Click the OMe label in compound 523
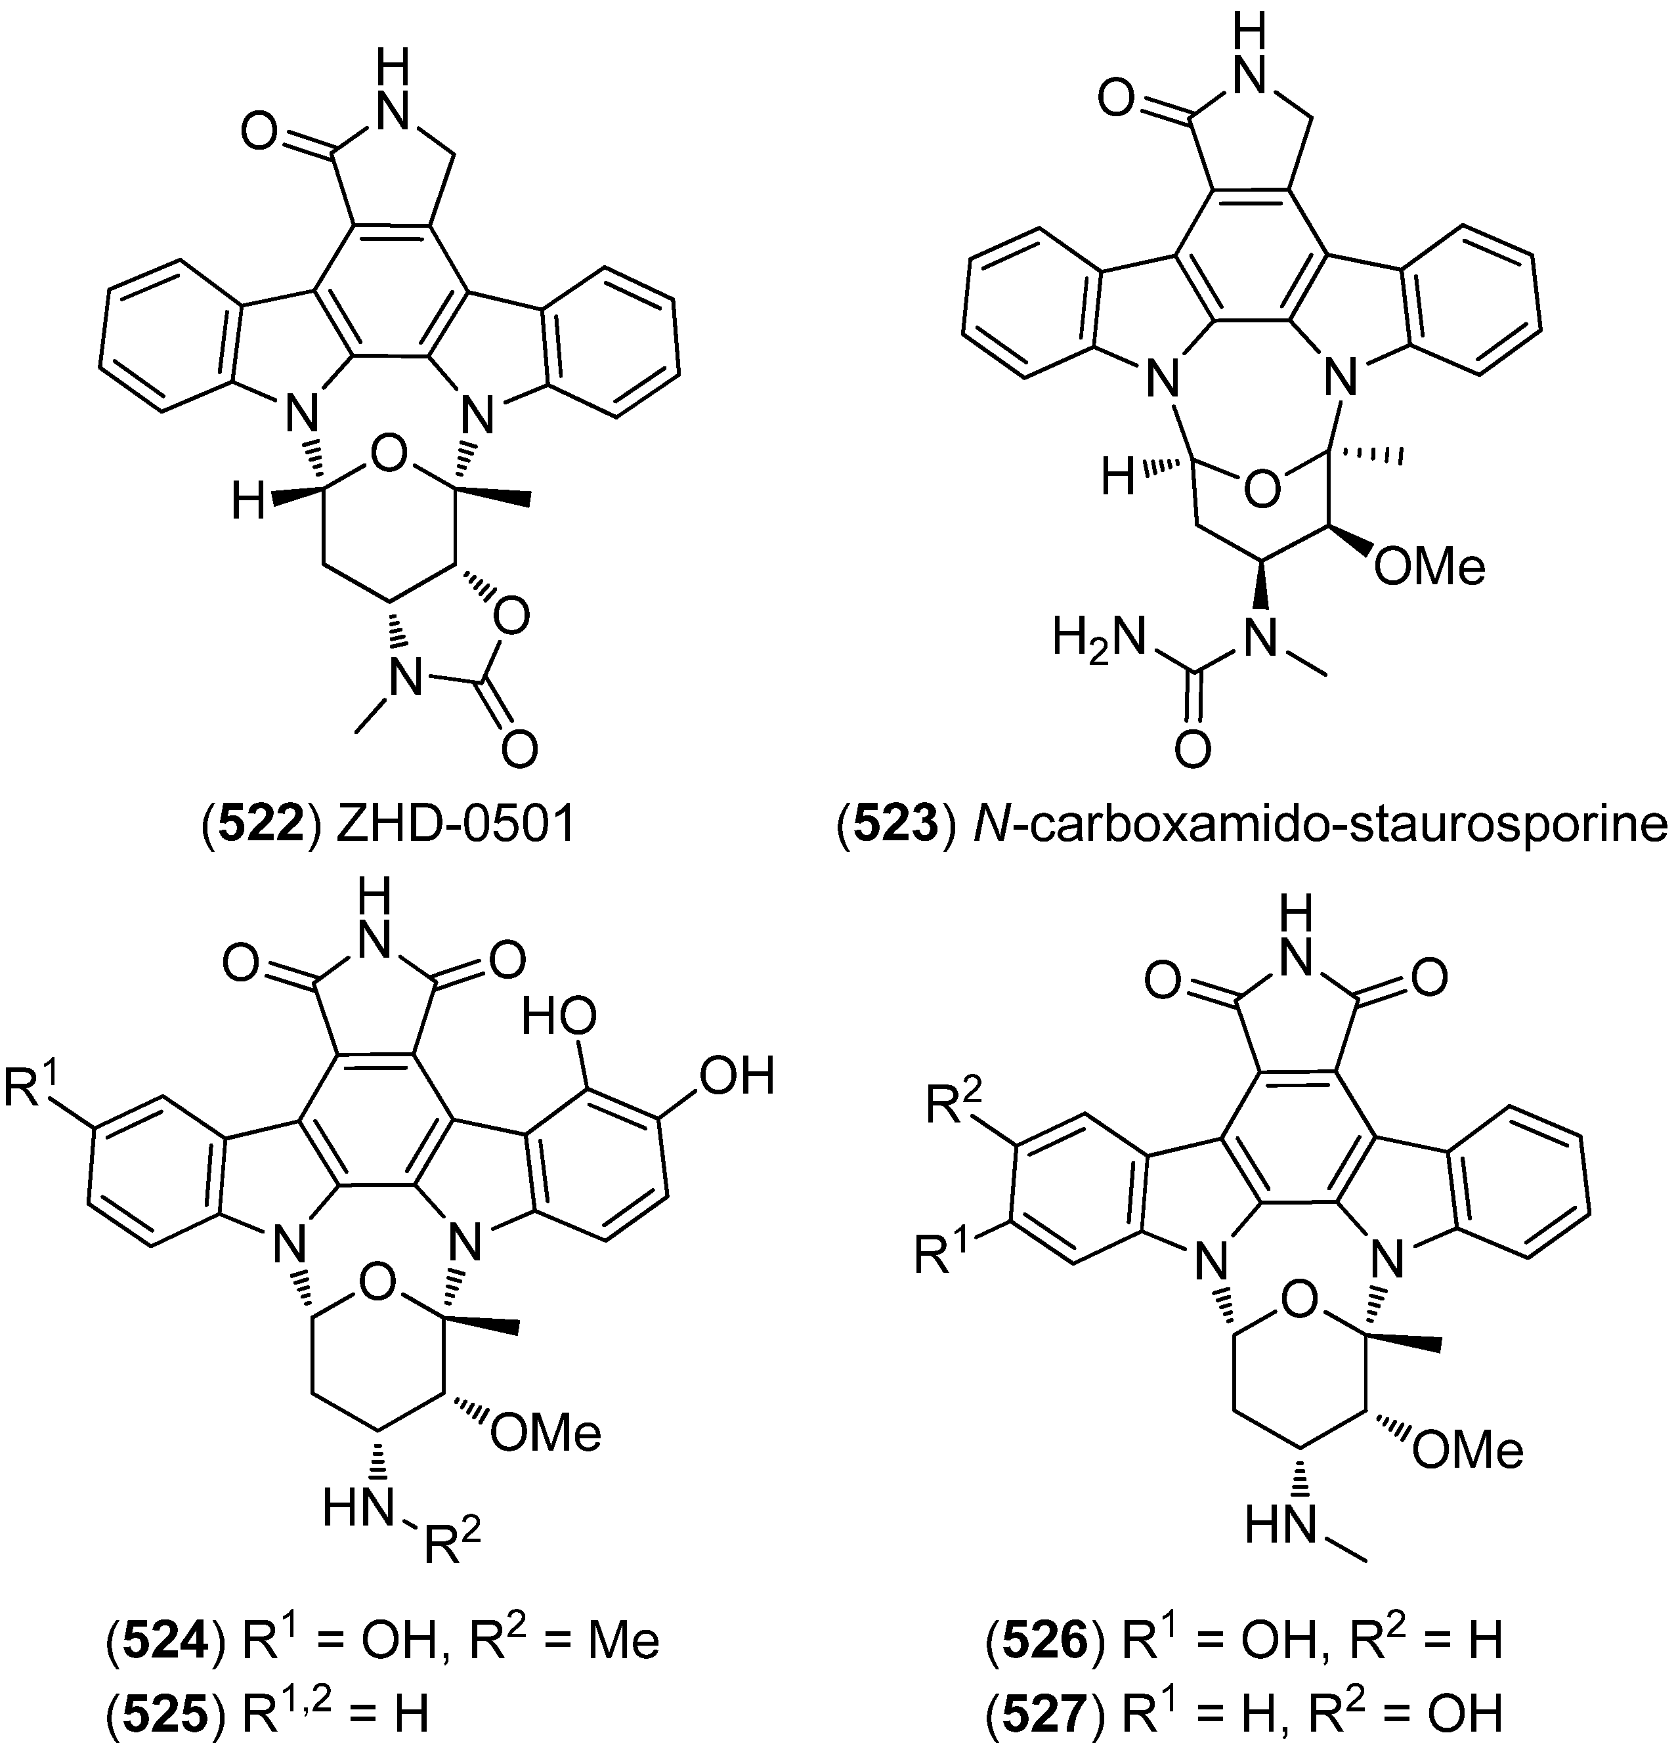[1429, 567]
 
